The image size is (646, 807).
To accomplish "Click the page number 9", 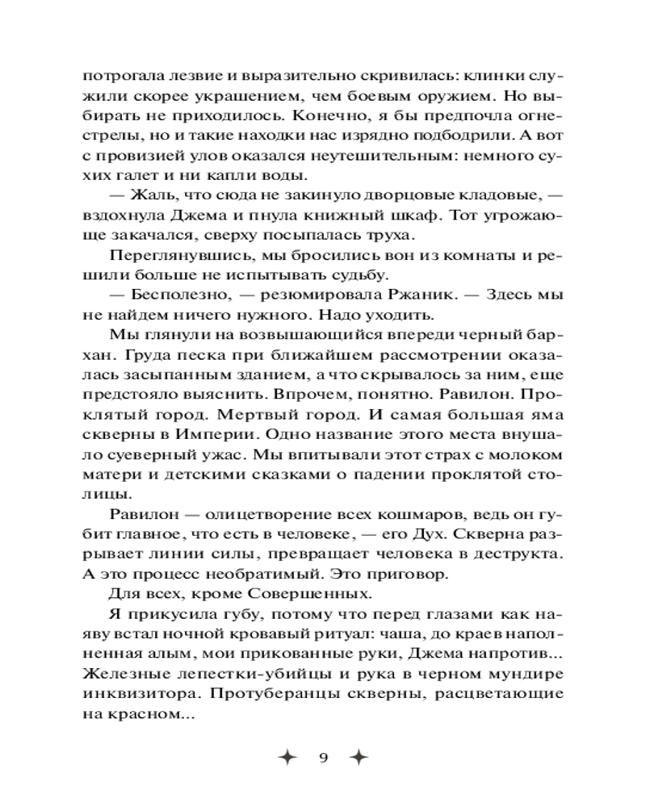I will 323,758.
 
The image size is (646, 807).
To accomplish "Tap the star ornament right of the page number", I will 361,758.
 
